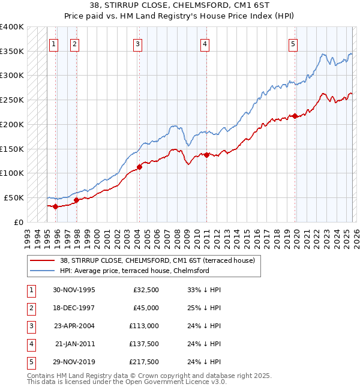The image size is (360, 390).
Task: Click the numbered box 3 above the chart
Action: coord(138,43)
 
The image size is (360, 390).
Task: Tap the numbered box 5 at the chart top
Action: coord(293,43)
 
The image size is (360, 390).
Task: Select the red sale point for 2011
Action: coord(206,155)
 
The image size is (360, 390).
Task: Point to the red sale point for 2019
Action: coord(295,116)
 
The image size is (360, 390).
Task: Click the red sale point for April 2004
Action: coord(139,167)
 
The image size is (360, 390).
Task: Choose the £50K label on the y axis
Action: coord(14,197)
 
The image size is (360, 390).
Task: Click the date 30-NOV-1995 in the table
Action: coord(74,290)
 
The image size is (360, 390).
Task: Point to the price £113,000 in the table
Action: coord(145,326)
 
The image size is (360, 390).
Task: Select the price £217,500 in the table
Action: coord(145,362)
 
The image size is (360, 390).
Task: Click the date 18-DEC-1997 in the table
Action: coord(74,308)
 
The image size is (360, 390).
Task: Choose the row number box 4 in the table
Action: coord(30,344)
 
